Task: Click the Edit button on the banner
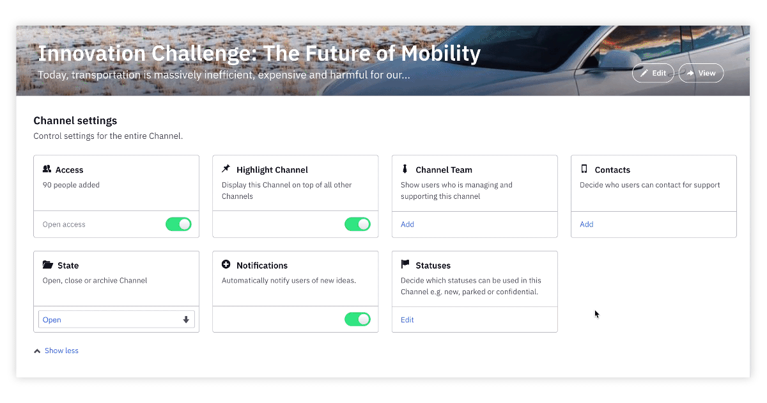653,73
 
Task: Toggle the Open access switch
178,224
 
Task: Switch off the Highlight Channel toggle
357,224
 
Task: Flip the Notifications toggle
357,319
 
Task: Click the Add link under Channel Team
408,224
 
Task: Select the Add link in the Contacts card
587,224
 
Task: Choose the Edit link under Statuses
407,320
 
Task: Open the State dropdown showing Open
116,319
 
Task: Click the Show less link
61,351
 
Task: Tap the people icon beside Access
47,169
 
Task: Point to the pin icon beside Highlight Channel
226,169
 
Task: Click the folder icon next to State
47,265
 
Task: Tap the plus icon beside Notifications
226,264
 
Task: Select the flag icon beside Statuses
405,264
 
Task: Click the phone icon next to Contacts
584,169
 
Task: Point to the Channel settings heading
75,121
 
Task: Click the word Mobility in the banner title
440,54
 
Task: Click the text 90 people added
71,185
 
